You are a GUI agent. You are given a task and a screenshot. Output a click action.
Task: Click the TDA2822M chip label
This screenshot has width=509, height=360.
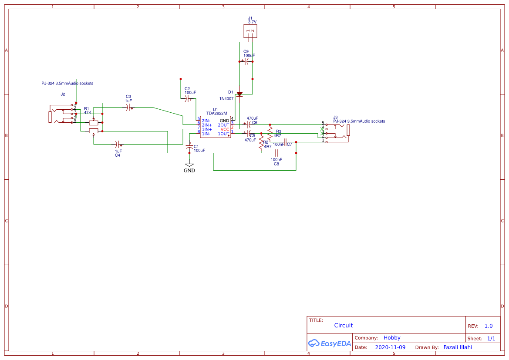(x=216, y=113)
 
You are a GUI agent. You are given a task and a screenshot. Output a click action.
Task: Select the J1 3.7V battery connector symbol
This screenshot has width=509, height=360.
(x=250, y=31)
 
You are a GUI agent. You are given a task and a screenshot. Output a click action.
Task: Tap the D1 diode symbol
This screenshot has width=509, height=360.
(x=239, y=93)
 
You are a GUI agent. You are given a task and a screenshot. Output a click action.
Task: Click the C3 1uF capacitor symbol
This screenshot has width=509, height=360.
(x=128, y=108)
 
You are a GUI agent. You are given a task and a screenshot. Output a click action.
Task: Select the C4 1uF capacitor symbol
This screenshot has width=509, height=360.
(x=118, y=144)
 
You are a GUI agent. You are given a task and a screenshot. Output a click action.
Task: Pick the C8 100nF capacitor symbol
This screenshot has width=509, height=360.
(x=276, y=153)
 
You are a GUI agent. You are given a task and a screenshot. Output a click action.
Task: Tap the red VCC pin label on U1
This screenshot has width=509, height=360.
(x=225, y=129)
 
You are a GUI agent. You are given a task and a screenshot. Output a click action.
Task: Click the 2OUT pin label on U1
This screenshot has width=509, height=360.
(x=223, y=125)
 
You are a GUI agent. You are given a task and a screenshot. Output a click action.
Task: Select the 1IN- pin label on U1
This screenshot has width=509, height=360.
(x=206, y=134)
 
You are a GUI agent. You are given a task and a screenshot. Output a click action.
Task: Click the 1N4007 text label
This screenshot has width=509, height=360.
(x=226, y=99)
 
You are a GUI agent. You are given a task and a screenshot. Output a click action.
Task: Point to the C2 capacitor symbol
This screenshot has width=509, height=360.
(x=188, y=99)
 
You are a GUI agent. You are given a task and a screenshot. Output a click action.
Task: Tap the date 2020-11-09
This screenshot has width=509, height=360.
(x=390, y=347)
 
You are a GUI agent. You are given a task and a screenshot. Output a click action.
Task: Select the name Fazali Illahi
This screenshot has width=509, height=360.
(x=457, y=347)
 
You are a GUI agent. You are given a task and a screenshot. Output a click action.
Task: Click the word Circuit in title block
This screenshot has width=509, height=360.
(x=343, y=325)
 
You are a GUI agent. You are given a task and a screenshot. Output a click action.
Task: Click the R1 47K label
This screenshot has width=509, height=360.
(x=87, y=111)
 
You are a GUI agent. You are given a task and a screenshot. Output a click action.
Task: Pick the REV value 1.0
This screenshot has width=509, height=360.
(x=488, y=326)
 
